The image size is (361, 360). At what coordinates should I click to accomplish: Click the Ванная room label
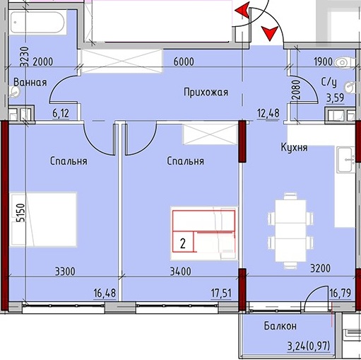(x=30, y=82)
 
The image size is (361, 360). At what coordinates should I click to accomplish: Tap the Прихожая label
(x=206, y=92)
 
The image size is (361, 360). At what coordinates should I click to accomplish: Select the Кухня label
(x=294, y=148)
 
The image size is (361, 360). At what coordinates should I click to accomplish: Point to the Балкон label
(x=280, y=326)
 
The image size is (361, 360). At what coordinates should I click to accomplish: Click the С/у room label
(x=329, y=82)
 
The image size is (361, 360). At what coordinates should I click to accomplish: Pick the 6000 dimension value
(x=184, y=62)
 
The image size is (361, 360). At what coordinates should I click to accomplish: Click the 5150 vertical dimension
(x=20, y=213)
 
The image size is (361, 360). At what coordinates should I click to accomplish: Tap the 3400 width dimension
(x=180, y=272)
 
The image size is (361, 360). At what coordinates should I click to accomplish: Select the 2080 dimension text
(x=297, y=90)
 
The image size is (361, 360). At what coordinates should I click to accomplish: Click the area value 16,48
(x=105, y=294)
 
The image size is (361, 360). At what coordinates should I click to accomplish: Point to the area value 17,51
(x=221, y=294)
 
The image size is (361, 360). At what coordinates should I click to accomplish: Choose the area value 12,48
(x=268, y=113)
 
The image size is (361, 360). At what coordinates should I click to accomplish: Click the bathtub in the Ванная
(x=37, y=23)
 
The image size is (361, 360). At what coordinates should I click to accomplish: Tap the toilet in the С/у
(x=345, y=63)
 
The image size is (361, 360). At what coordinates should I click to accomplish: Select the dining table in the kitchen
(x=290, y=231)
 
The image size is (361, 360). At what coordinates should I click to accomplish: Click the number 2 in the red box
(x=182, y=243)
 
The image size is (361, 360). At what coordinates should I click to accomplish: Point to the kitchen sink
(x=345, y=160)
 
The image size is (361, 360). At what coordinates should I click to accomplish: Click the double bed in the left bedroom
(x=43, y=220)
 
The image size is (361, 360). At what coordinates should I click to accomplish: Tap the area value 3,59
(x=336, y=98)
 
